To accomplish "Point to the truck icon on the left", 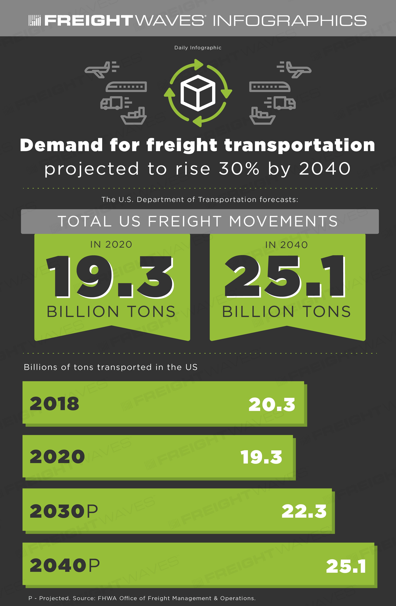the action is pyautogui.click(x=116, y=103).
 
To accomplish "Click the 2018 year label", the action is pyautogui.click(x=54, y=404).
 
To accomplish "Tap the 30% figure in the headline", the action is pyautogui.click(x=239, y=169).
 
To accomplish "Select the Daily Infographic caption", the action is pyautogui.click(x=198, y=48).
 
